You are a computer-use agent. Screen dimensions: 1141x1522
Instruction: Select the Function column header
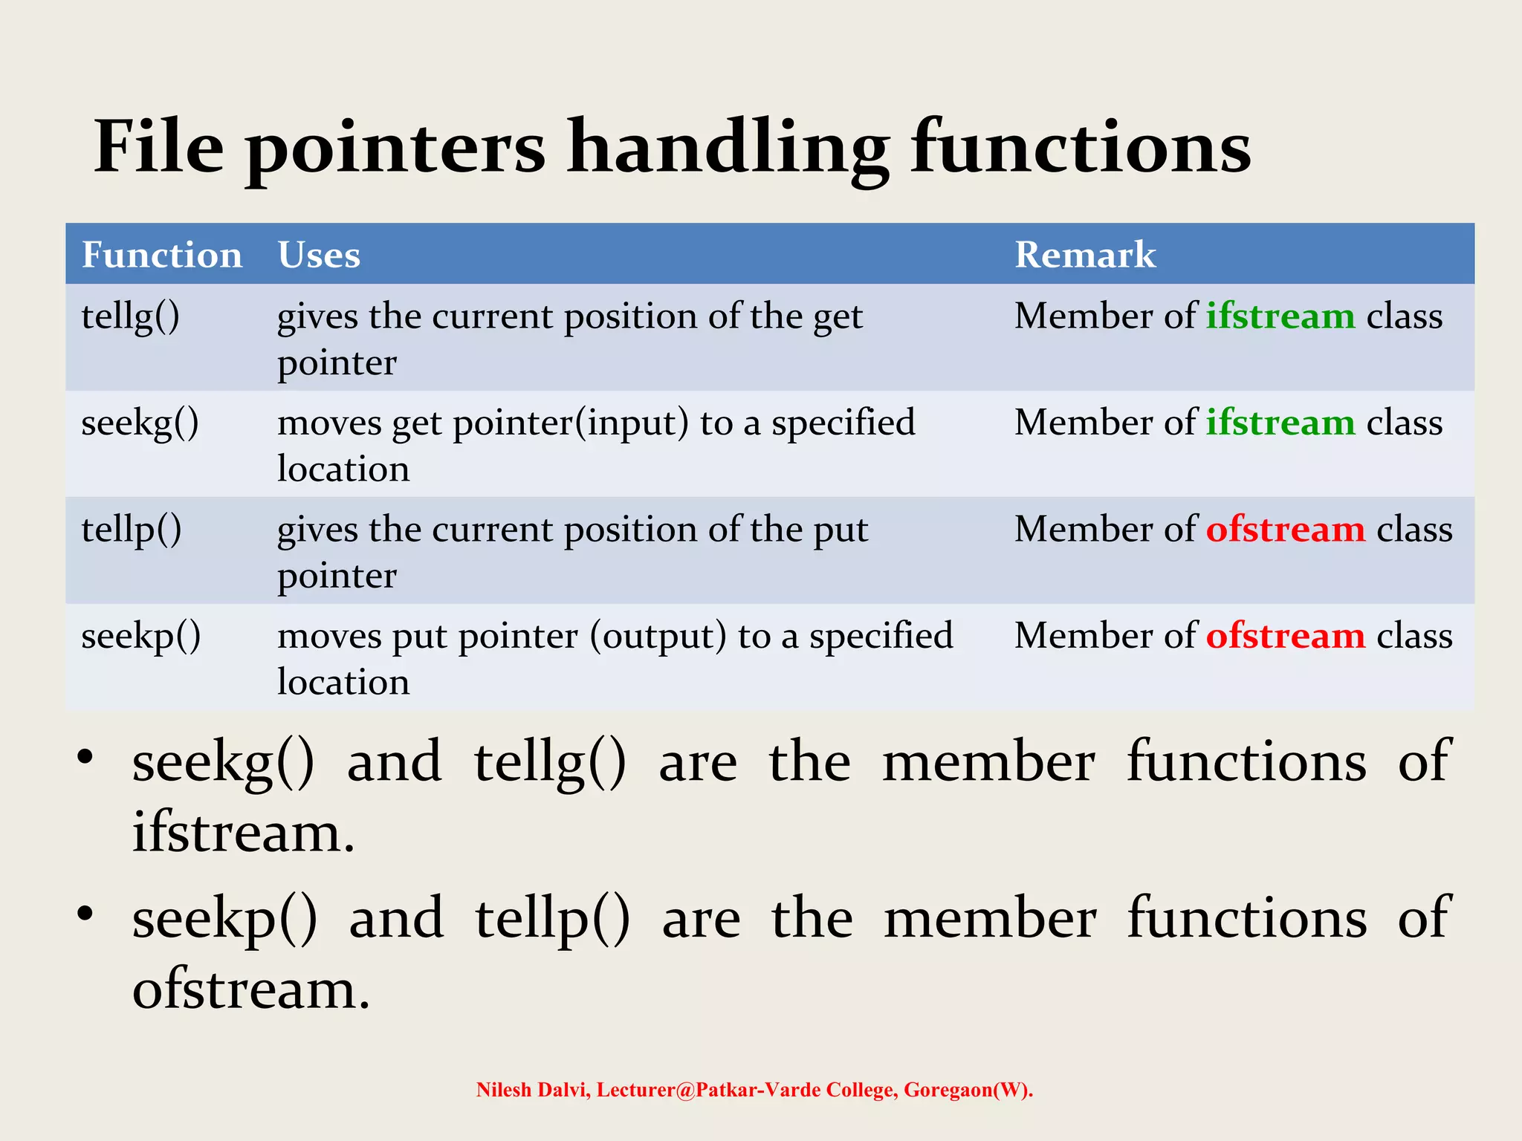(162, 255)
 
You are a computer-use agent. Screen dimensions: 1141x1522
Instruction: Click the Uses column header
(319, 255)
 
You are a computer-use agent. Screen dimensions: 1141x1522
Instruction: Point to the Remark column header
(1085, 255)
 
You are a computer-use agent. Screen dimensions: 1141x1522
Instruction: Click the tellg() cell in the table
(131, 317)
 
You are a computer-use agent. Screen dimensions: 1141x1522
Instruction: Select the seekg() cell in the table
(140, 423)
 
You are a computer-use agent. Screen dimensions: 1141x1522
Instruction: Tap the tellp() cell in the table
(132, 530)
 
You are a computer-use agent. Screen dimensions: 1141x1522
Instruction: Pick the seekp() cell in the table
(140, 637)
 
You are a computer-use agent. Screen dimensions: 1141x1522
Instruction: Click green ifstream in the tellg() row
(1280, 316)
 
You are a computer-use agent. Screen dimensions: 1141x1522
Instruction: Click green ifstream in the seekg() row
(1280, 423)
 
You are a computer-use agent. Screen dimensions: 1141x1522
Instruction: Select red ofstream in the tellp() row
(1286, 530)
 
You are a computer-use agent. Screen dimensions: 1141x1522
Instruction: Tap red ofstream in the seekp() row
(1286, 636)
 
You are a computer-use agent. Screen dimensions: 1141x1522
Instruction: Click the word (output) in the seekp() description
(658, 637)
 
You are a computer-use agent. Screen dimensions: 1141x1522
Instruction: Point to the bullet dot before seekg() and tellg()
(85, 757)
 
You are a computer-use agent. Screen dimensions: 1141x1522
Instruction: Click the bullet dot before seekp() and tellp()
(85, 913)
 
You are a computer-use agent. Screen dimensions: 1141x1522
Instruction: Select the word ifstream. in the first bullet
(244, 833)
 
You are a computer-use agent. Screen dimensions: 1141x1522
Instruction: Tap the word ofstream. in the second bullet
(251, 989)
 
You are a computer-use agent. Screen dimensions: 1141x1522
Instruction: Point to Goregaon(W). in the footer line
(968, 1090)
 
